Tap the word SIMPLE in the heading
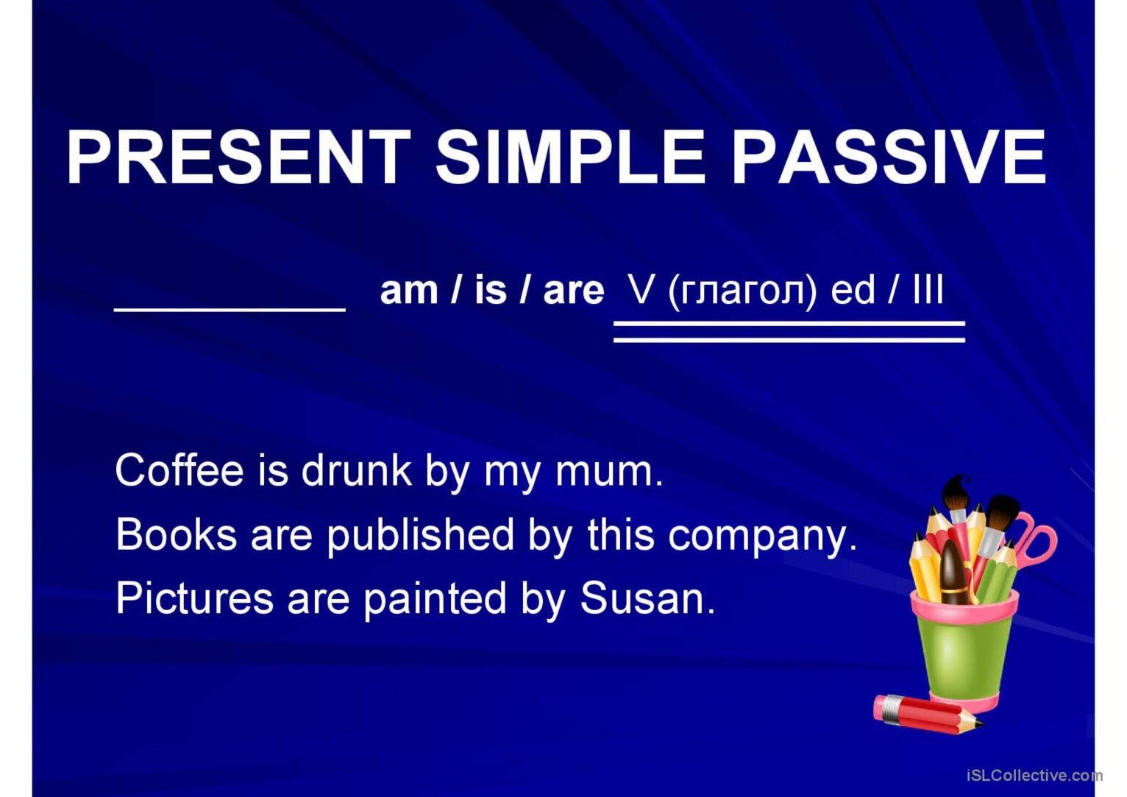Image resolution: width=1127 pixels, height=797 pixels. coord(570,157)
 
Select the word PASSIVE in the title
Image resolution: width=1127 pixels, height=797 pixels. coord(889,157)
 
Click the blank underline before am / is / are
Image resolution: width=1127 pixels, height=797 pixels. coord(230,310)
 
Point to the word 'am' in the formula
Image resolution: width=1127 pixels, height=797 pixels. coord(408,291)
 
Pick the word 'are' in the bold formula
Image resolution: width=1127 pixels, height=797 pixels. coord(574,291)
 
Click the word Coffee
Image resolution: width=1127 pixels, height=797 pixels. coord(179,470)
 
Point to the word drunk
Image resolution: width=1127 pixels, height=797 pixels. coord(356,470)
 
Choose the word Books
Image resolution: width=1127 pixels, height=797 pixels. coord(176,534)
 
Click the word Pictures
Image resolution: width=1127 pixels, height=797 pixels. coord(195,598)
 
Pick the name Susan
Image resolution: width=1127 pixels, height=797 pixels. coord(647,598)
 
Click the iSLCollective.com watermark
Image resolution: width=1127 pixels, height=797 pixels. coord(1034,776)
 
